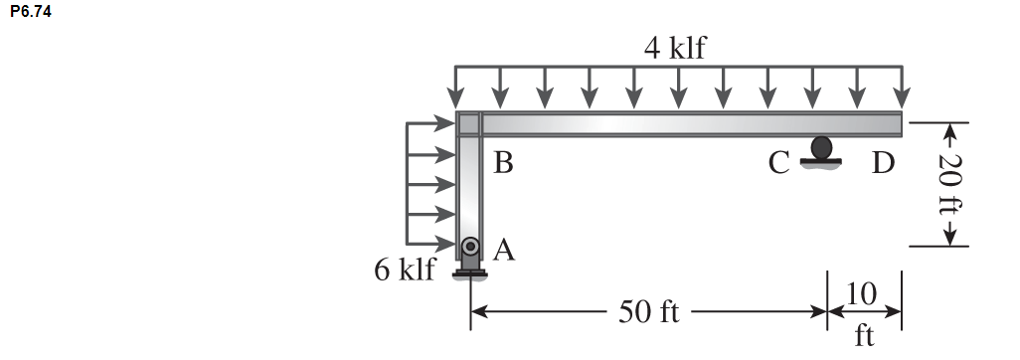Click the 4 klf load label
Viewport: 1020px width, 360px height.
click(x=674, y=47)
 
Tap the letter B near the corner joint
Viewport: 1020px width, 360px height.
click(x=504, y=163)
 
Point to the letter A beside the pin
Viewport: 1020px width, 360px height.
click(x=504, y=251)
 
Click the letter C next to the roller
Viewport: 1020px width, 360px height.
click(x=778, y=163)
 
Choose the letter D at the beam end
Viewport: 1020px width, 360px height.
click(x=883, y=163)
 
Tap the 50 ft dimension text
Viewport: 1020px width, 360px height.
click(x=648, y=311)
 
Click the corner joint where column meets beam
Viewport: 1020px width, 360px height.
click(x=468, y=124)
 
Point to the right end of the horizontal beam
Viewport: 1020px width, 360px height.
click(x=898, y=124)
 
